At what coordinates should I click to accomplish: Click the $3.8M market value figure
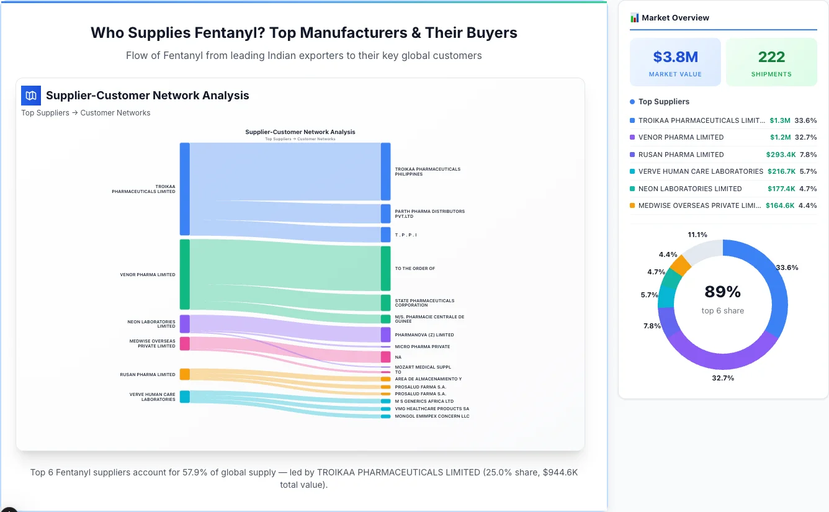click(x=675, y=57)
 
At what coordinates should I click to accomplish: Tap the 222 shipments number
click(x=771, y=57)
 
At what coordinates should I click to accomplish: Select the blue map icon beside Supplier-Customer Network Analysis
click(x=30, y=96)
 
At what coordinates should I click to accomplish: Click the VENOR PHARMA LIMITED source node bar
click(x=184, y=274)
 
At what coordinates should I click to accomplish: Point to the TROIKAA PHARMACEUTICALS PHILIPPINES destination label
click(x=428, y=171)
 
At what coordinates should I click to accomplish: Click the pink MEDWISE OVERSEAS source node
click(x=184, y=344)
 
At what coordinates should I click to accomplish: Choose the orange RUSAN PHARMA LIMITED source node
click(x=184, y=374)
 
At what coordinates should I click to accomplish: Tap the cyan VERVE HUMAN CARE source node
click(x=184, y=397)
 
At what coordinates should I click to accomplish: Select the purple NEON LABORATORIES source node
click(x=184, y=324)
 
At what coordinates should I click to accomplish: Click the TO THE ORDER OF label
click(x=415, y=269)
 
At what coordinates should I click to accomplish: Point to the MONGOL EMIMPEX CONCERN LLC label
click(x=432, y=416)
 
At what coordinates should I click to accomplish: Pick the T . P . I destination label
click(x=406, y=235)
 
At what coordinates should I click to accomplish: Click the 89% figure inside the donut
click(x=722, y=292)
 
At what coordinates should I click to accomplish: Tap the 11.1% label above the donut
click(x=697, y=235)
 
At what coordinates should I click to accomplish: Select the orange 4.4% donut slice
click(x=681, y=266)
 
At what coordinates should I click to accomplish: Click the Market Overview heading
click(x=675, y=18)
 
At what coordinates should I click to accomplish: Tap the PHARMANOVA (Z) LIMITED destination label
click(x=424, y=335)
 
